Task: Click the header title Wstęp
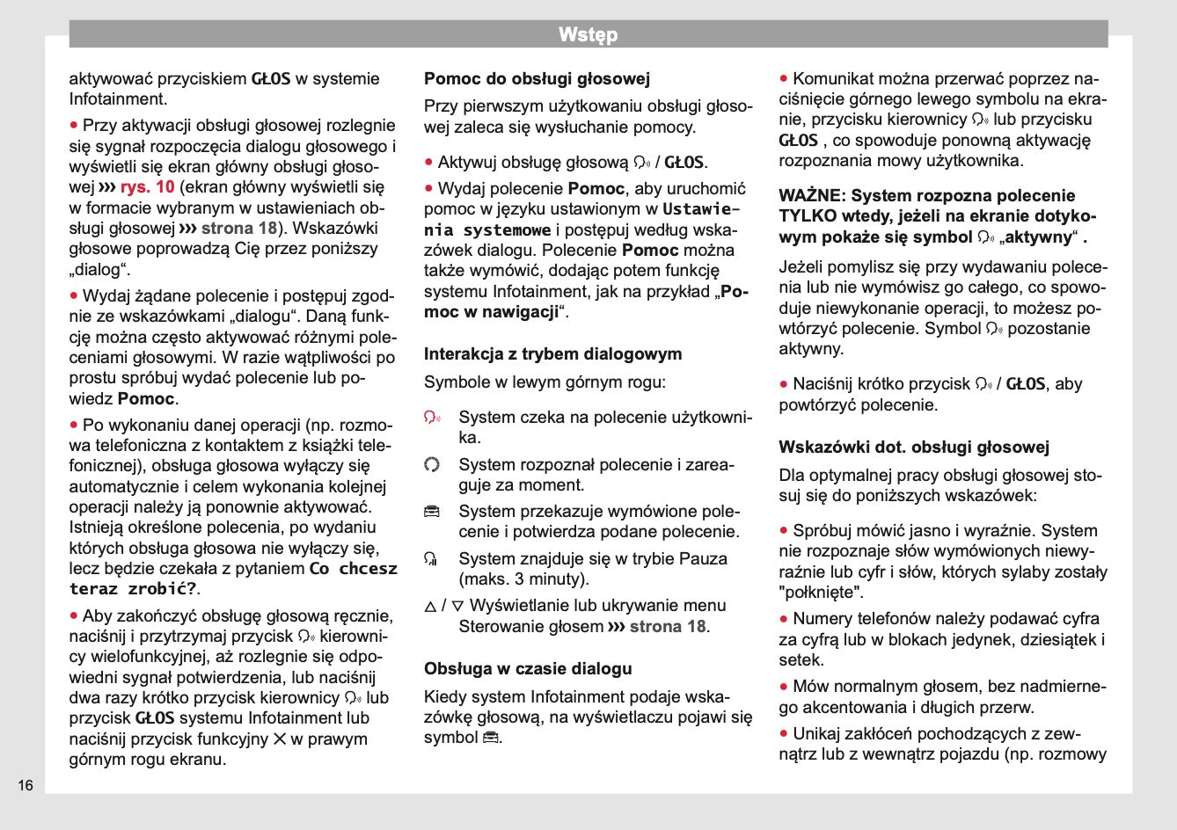coord(588,35)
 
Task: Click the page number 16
coord(26,785)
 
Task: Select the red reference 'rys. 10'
coord(147,187)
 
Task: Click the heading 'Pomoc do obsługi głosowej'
coord(537,79)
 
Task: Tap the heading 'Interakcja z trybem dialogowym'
coord(552,354)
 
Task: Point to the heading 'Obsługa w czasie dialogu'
coord(528,669)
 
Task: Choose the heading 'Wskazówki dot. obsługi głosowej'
coord(914,448)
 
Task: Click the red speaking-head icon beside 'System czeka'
coord(432,418)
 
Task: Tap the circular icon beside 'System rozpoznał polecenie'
coord(431,464)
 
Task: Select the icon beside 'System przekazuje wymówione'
coord(431,512)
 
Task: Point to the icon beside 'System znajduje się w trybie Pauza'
coord(431,559)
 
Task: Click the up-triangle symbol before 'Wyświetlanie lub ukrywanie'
coord(430,607)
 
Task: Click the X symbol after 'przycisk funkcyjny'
coord(280,739)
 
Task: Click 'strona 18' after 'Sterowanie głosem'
coord(668,627)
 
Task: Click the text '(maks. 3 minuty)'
coord(523,579)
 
